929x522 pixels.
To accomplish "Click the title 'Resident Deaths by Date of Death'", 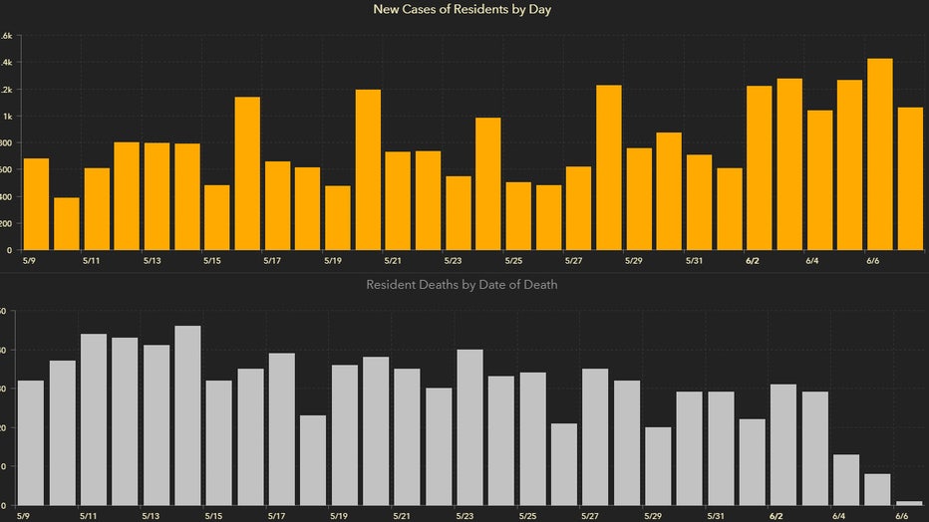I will (x=462, y=285).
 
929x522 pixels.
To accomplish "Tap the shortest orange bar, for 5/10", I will (x=67, y=224).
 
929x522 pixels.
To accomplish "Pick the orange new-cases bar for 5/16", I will (x=247, y=173).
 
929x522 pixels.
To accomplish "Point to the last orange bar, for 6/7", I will (x=910, y=178).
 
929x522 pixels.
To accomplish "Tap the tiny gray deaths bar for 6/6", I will (x=909, y=503).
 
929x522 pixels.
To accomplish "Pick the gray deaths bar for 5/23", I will (x=470, y=427).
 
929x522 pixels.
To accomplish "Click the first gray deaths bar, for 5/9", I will (x=30, y=442).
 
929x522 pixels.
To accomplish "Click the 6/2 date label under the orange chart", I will (x=753, y=261).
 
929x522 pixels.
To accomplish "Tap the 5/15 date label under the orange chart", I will (x=211, y=261).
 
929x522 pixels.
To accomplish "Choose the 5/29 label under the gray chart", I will (x=652, y=517).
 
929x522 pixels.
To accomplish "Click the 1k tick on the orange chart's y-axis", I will (x=7, y=117).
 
